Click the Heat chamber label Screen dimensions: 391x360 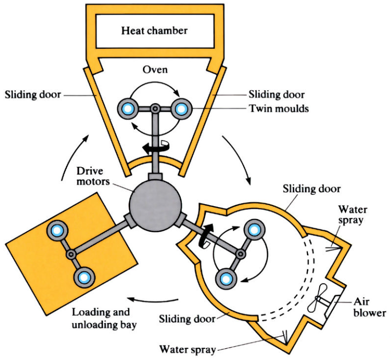(154, 31)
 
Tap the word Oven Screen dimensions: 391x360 (155, 70)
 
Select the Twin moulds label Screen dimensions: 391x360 (279, 109)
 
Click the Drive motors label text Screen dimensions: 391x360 (93, 176)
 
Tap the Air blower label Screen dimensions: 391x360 (369, 307)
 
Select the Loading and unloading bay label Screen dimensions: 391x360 (104, 318)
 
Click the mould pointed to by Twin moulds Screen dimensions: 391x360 (181, 109)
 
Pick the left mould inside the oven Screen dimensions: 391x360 (128, 109)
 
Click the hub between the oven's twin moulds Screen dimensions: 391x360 (155, 109)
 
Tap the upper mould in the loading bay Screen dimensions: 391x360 (57, 231)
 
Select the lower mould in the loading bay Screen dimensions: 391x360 (85, 277)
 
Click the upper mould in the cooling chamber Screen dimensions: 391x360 (254, 230)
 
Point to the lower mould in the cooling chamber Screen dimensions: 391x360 (226, 278)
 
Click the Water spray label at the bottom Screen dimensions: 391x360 (188, 349)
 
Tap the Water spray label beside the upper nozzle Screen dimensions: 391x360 (353, 215)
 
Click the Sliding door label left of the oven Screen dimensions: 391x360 (33, 95)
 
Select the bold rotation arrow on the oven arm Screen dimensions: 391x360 (153, 148)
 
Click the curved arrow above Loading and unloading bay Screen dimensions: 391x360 (153, 300)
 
